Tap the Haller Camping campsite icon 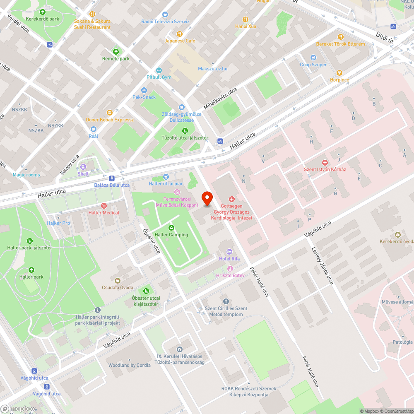click(171, 228)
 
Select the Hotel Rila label click(229, 259)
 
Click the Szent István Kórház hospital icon click(325, 163)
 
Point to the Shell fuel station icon click(83, 167)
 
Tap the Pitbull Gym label click(159, 77)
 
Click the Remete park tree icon click(116, 52)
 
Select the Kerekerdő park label click(43, 19)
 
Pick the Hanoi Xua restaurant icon click(246, 19)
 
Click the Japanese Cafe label click(180, 41)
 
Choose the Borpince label click(339, 79)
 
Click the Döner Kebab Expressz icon click(110, 113)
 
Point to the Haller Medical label click(103, 213)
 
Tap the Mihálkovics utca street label click(220, 98)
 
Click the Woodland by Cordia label click(129, 365)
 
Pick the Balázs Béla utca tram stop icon click(112, 178)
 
